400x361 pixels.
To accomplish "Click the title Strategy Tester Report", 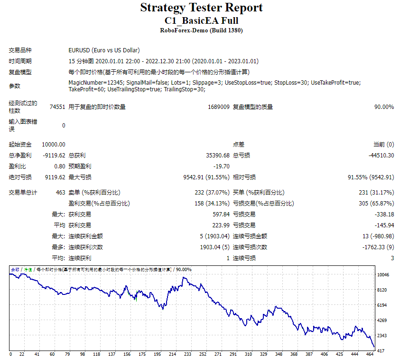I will pyautogui.click(x=201, y=8).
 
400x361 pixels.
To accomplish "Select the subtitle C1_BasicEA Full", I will pyautogui.click(x=201, y=21).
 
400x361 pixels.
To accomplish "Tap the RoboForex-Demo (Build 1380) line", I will pyautogui.click(x=201, y=30).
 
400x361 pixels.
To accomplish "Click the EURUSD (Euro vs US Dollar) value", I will pyautogui.click(x=104, y=50).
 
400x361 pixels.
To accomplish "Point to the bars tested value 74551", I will pyautogui.click(x=57, y=107).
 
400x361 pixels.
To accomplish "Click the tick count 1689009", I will pyautogui.click(x=219, y=107).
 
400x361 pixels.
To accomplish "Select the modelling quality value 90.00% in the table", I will pyautogui.click(x=384, y=107).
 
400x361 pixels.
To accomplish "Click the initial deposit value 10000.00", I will pyautogui.click(x=54, y=145).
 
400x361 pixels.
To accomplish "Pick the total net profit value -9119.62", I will pyautogui.click(x=54, y=156).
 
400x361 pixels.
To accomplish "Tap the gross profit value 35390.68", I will pyautogui.click(x=218, y=156).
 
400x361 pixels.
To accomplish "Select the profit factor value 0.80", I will pyautogui.click(x=60, y=166).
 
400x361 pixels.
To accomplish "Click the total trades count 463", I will pyautogui.click(x=61, y=193).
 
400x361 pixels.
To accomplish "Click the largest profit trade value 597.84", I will pyautogui.click(x=221, y=215).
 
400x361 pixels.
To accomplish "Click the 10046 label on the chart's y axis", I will pyautogui.click(x=383, y=275).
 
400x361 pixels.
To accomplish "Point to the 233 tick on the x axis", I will pyautogui.click(x=187, y=354).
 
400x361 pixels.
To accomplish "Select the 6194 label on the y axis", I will pyautogui.click(x=382, y=305).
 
